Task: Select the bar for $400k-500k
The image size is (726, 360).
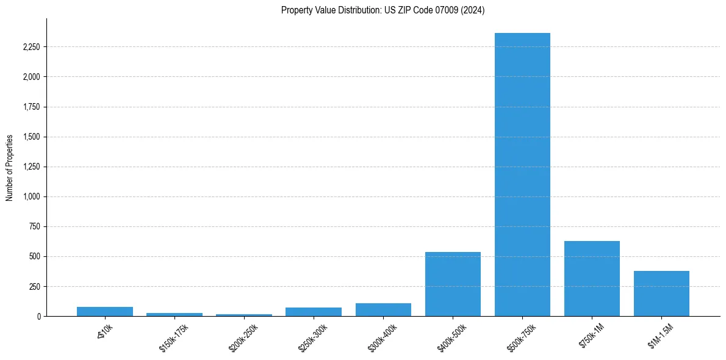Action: coord(453,284)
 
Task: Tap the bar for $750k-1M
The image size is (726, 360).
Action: coord(592,279)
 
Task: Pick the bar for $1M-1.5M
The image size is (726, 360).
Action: coord(661,293)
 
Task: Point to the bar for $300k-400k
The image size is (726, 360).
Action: coord(383,309)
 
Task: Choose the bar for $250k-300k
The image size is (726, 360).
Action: coord(314,312)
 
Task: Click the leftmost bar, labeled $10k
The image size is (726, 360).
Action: coord(105,311)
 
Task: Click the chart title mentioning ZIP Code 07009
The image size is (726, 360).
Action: coord(383,10)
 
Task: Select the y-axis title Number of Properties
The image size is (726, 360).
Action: coord(10,168)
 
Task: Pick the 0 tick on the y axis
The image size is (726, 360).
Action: coord(38,316)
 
